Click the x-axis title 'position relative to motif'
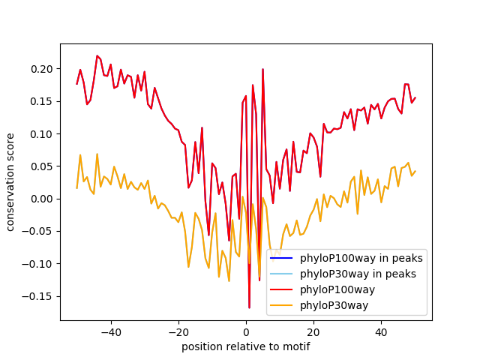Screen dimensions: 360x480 coord(245,346)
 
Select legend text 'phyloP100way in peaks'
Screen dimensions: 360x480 coord(361,258)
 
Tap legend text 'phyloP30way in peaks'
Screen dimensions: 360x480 coord(358,273)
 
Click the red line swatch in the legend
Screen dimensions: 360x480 coord(283,289)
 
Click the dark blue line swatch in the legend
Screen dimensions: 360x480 coord(283,258)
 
